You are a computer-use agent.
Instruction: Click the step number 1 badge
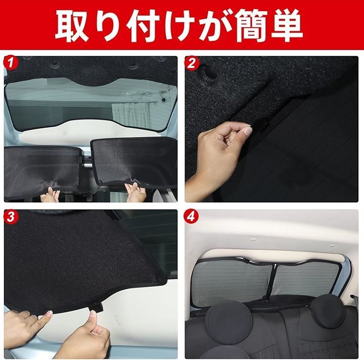pyautogui.click(x=10, y=63)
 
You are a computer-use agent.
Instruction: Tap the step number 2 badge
pyautogui.click(x=191, y=63)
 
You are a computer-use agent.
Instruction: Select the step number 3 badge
pyautogui.click(x=10, y=217)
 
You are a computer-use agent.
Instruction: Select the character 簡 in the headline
pyautogui.click(x=250, y=26)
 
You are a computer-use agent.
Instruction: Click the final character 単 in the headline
pyautogui.click(x=286, y=26)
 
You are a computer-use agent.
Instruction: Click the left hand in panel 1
pyautogui.click(x=50, y=195)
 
